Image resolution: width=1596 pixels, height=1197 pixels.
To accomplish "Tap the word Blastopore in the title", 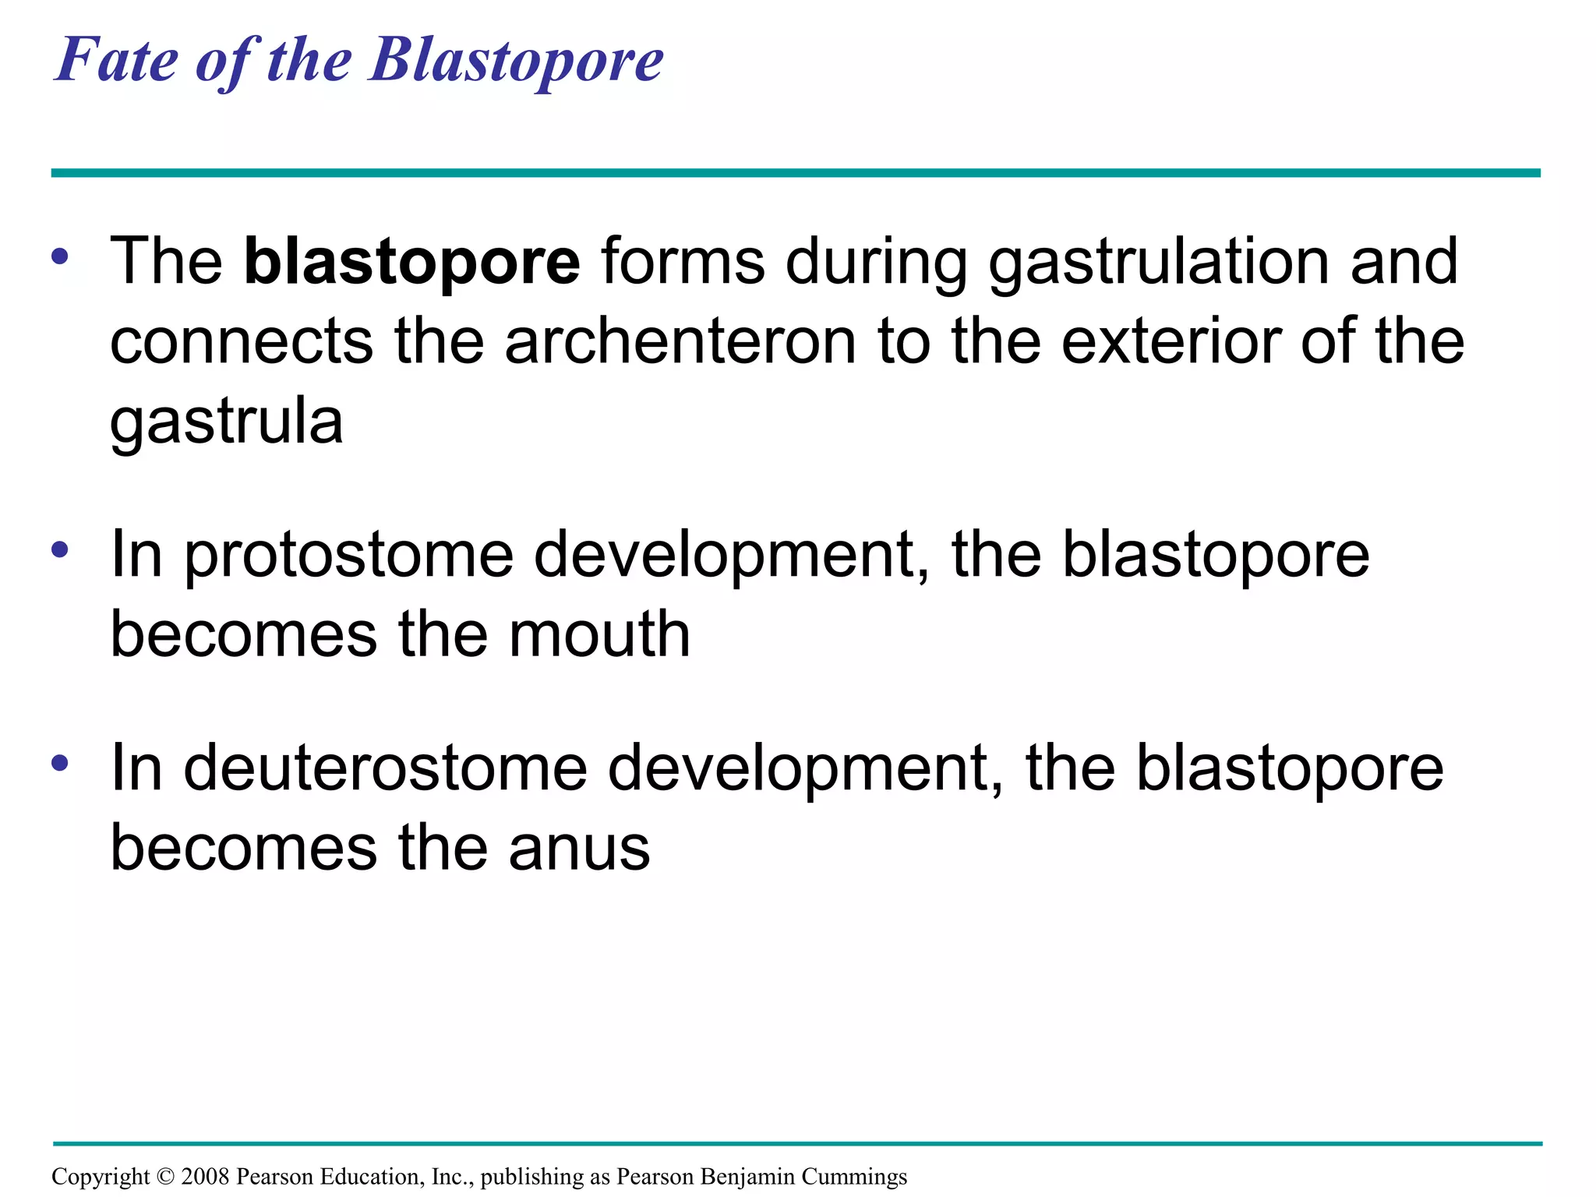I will pyautogui.click(x=517, y=61).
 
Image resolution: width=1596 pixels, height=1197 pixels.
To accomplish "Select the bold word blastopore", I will pyautogui.click(x=411, y=263).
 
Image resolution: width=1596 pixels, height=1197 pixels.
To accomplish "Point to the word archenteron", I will pyautogui.click(x=680, y=342).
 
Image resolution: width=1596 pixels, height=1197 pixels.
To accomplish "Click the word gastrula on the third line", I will pyautogui.click(x=227, y=423).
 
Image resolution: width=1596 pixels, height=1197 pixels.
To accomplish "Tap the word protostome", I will pyautogui.click(x=349, y=556).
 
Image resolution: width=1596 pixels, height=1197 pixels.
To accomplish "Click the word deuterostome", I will pyautogui.click(x=385, y=769).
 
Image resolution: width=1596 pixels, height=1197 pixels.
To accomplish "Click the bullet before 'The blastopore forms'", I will pyautogui.click(x=60, y=256).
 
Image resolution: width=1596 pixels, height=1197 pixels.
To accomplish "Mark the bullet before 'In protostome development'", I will pyautogui.click(x=60, y=550).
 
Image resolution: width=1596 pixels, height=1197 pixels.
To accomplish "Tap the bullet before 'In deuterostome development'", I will pyautogui.click(x=60, y=763).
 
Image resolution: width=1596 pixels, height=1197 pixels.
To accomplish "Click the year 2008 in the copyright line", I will pyautogui.click(x=204, y=1177).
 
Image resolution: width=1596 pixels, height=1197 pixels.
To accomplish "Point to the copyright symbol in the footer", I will pyautogui.click(x=165, y=1177).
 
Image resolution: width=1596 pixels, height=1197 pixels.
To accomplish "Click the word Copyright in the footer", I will pyautogui.click(x=100, y=1177).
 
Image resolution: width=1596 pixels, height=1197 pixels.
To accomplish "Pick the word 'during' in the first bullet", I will pyautogui.click(x=877, y=263).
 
